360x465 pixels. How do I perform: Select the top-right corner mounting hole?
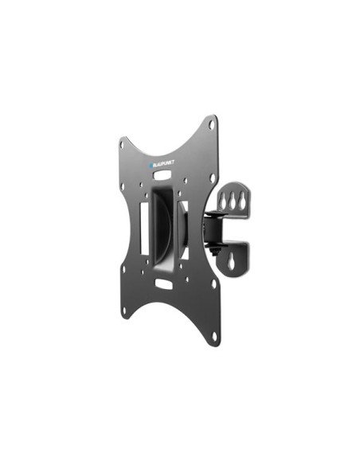(212, 123)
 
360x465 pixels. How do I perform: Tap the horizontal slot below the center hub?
(163, 283)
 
